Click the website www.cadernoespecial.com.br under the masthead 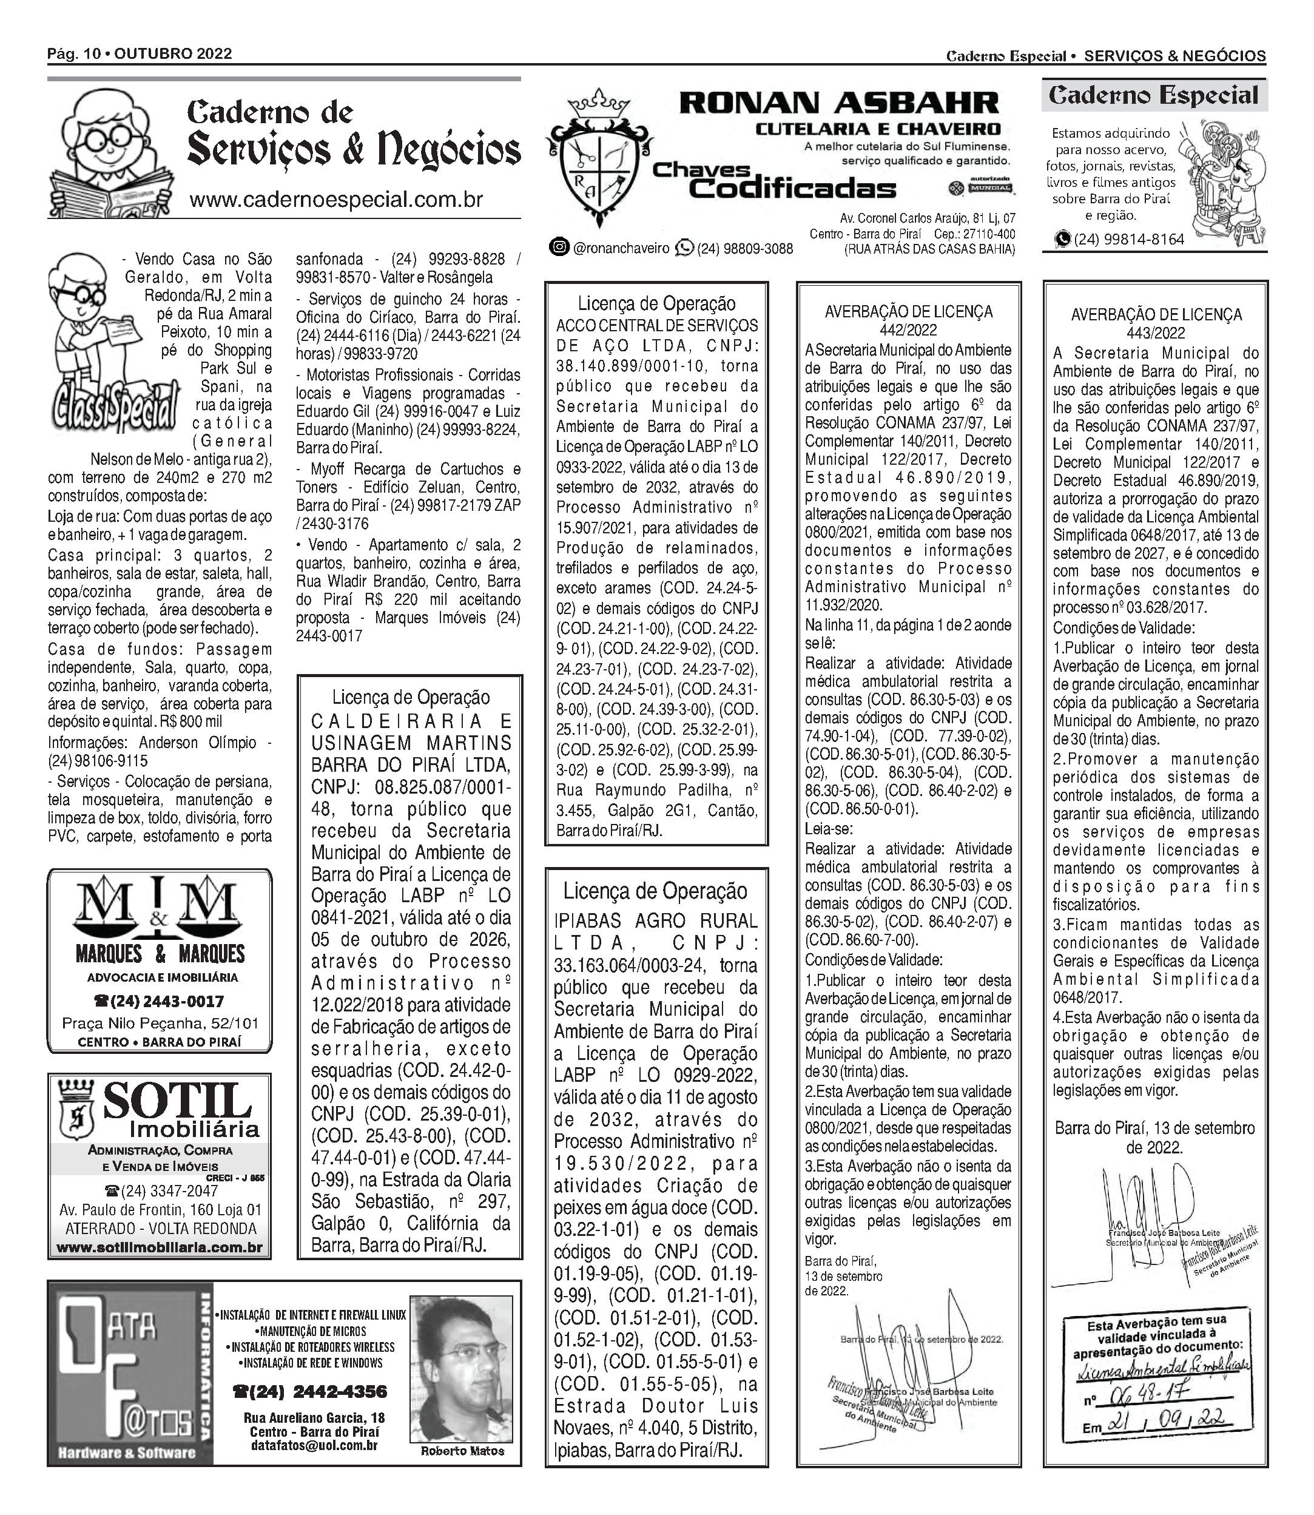pyautogui.click(x=336, y=200)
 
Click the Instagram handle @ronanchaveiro pyautogui.click(x=621, y=249)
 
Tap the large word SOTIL pyautogui.click(x=178, y=1101)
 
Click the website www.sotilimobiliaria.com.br pyautogui.click(x=159, y=1247)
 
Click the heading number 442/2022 pyautogui.click(x=909, y=331)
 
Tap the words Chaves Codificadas pyautogui.click(x=773, y=181)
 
